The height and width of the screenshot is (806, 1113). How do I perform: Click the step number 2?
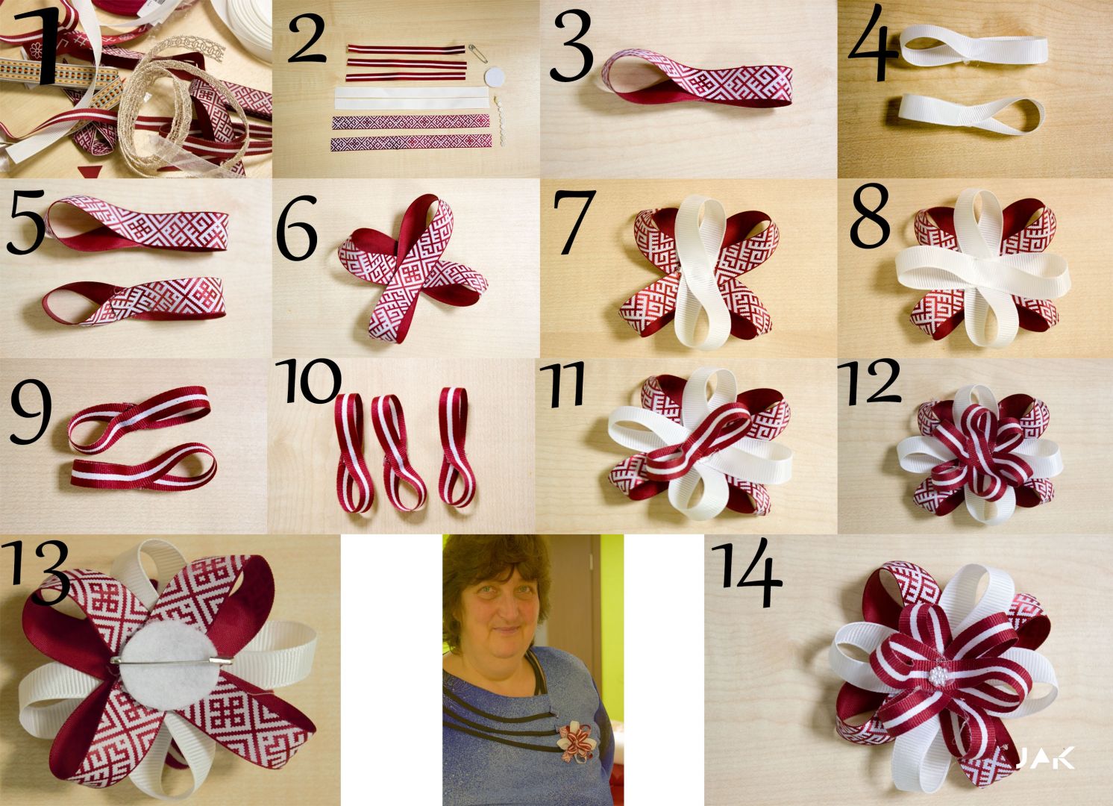(307, 39)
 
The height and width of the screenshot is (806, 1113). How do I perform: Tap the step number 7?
(574, 221)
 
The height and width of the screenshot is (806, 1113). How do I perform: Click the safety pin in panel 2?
(478, 53)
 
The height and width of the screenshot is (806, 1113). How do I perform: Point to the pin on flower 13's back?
(172, 660)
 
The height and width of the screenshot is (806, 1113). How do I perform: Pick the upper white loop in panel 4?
(973, 50)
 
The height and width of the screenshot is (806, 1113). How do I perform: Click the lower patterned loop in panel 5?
(134, 302)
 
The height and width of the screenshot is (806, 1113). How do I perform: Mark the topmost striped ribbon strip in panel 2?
(407, 49)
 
